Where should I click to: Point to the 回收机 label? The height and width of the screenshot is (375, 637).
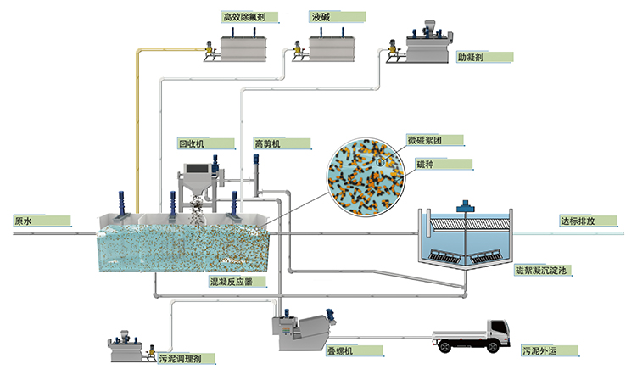(x=191, y=143)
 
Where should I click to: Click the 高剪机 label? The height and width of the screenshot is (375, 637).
(x=266, y=143)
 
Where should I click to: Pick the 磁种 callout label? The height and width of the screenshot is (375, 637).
(x=425, y=163)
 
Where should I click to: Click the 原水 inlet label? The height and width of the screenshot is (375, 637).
(x=24, y=221)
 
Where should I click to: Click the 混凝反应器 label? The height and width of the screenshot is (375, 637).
(x=231, y=280)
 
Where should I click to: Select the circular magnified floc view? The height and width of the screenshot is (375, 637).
(x=366, y=176)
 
